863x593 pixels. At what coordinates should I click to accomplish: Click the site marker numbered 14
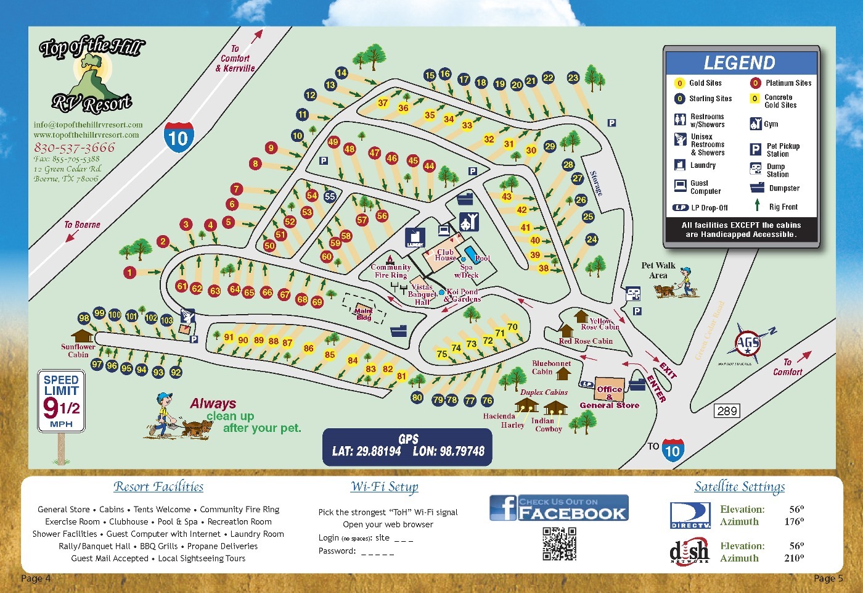click(x=341, y=73)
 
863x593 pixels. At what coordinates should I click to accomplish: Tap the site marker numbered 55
click(x=330, y=197)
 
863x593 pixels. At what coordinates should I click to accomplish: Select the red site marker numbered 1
click(x=129, y=272)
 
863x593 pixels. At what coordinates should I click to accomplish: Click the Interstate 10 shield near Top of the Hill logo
click(x=178, y=137)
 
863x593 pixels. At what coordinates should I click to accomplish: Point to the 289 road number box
click(x=727, y=411)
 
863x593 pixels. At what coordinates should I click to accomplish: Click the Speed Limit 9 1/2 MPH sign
click(x=61, y=400)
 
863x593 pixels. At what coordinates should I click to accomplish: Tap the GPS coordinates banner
click(x=407, y=446)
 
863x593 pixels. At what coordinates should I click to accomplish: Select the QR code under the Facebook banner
click(x=559, y=543)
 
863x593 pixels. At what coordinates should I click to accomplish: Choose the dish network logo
click(x=689, y=551)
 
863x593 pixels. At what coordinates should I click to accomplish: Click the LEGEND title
click(x=739, y=63)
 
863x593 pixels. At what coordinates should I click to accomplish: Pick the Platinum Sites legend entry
click(x=781, y=83)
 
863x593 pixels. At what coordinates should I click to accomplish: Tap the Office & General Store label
click(x=609, y=397)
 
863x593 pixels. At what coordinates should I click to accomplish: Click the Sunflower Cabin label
click(x=78, y=350)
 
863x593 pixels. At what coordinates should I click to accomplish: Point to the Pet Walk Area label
click(x=658, y=270)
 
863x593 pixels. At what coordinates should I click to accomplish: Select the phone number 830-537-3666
click(x=74, y=147)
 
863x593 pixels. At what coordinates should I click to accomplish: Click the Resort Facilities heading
click(x=158, y=487)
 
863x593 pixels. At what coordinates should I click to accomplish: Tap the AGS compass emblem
click(x=747, y=343)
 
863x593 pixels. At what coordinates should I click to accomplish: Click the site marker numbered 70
click(x=512, y=326)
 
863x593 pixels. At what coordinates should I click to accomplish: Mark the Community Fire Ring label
click(x=390, y=271)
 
